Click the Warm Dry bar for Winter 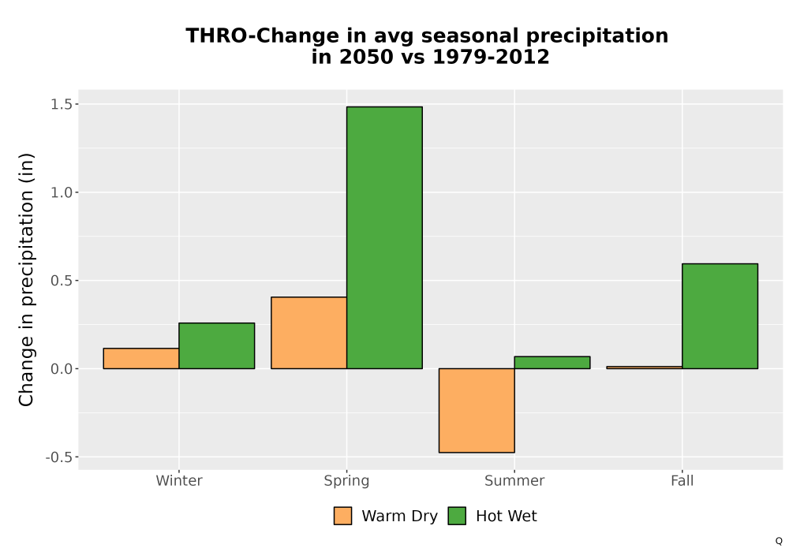pos(141,359)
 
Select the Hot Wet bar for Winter pos(217,346)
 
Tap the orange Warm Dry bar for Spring pos(309,333)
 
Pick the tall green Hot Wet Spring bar pos(384,238)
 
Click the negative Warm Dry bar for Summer pos(477,410)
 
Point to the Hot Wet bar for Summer pos(552,363)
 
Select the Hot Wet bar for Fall pos(720,316)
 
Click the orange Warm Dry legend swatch pos(342,516)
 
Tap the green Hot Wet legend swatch pos(457,516)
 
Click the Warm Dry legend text pos(399,517)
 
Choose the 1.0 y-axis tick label pos(62,192)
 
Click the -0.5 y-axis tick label pos(59,457)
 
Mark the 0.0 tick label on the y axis pos(62,369)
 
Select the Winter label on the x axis pos(179,480)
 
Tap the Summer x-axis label pos(514,480)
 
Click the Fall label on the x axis pos(682,480)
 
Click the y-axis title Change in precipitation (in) pos(26,279)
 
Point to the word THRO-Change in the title pos(262,36)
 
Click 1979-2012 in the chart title pos(491,57)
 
